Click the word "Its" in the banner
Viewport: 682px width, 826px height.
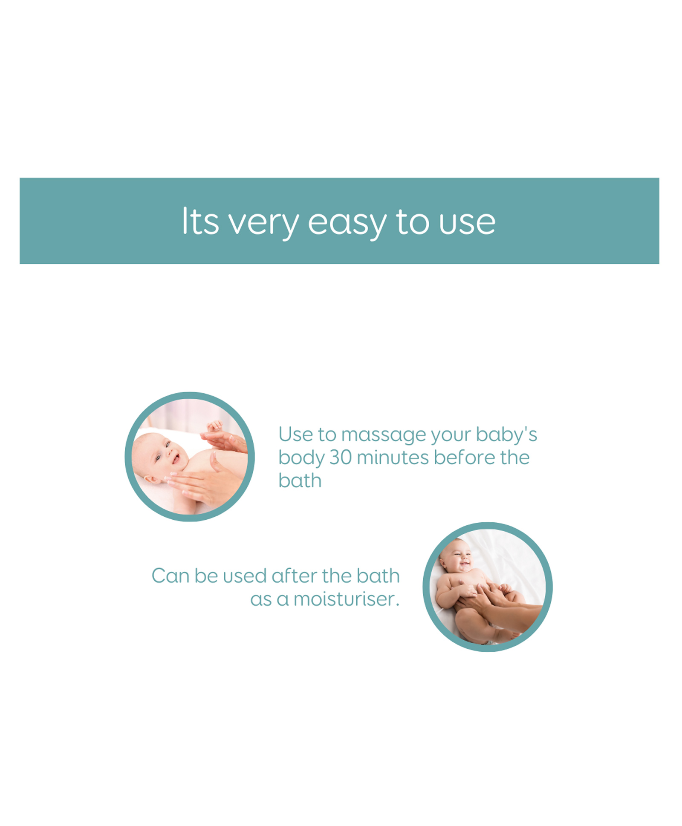(x=200, y=221)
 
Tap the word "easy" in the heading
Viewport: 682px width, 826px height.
(x=347, y=224)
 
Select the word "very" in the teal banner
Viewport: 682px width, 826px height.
(x=264, y=224)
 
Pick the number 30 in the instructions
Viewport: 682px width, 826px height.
(x=341, y=458)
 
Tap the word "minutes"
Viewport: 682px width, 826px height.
(x=393, y=458)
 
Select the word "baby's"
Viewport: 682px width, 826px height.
(x=506, y=435)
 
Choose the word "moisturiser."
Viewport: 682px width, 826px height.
(x=346, y=599)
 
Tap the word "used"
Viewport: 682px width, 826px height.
(x=244, y=576)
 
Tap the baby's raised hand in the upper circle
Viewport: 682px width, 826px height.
(x=214, y=426)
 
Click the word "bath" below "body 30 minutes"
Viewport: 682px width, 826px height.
(x=300, y=481)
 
